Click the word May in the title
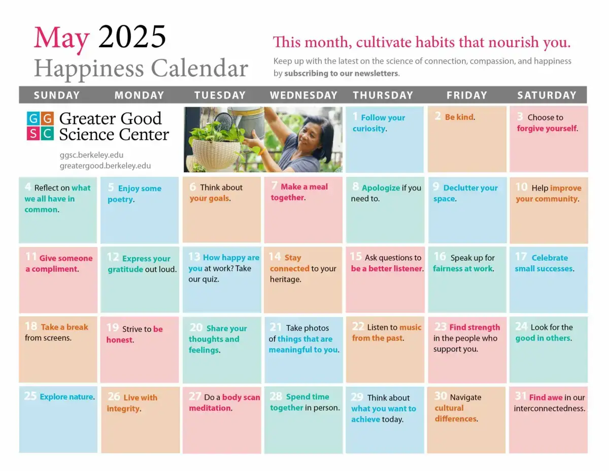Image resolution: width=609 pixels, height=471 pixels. pyautogui.click(x=61, y=39)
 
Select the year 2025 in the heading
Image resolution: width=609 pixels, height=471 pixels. pyautogui.click(x=132, y=37)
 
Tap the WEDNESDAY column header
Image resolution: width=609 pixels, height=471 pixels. pyautogui.click(x=303, y=95)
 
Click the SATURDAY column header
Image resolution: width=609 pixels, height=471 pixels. pyautogui.click(x=547, y=95)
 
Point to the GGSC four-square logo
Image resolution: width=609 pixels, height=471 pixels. pyautogui.click(x=40, y=125)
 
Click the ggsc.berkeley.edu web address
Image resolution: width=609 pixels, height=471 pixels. pyautogui.click(x=91, y=155)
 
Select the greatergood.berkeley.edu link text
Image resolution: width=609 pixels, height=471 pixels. pyautogui.click(x=105, y=166)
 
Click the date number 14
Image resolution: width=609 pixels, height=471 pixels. pyautogui.click(x=275, y=257)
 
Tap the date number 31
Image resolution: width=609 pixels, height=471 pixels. pyautogui.click(x=520, y=396)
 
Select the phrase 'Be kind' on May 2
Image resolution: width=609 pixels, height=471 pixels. pyautogui.click(x=459, y=117)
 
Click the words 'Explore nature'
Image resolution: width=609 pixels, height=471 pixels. pyautogui.click(x=66, y=397)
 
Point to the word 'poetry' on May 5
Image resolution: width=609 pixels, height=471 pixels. pyautogui.click(x=120, y=200)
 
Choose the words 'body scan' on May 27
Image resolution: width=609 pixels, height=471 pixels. pyautogui.click(x=241, y=397)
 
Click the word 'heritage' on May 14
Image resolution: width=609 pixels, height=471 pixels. pyautogui.click(x=285, y=279)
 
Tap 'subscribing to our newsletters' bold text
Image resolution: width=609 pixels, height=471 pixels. pyautogui.click(x=341, y=73)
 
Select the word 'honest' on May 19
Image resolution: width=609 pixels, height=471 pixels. pyautogui.click(x=119, y=340)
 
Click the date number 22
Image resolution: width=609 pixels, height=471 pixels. pyautogui.click(x=358, y=326)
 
